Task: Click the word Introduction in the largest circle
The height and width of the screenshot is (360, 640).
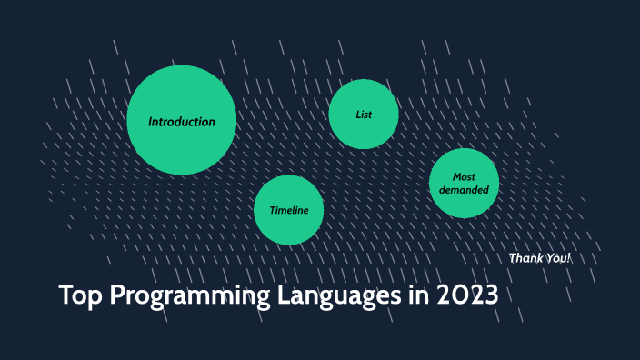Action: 182,122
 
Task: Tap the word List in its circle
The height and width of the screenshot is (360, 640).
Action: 364,115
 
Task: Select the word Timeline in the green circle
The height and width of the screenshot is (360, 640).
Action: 288,211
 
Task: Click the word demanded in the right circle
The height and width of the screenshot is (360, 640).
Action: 464,190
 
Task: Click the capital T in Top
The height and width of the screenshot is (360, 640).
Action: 65,296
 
